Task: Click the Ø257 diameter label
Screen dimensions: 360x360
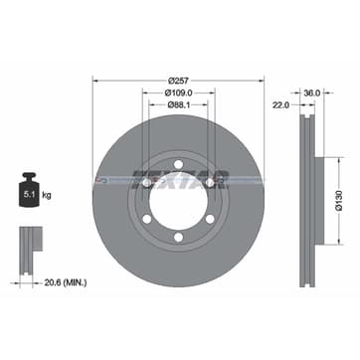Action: pyautogui.click(x=178, y=81)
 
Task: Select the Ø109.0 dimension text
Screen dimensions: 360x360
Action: pyautogui.click(x=179, y=92)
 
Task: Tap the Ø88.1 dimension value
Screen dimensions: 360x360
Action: pyautogui.click(x=178, y=104)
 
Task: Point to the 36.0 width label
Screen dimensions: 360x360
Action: pyautogui.click(x=312, y=93)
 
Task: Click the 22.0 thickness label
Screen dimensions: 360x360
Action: pyautogui.click(x=281, y=105)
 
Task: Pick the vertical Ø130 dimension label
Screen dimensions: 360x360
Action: pyautogui.click(x=338, y=201)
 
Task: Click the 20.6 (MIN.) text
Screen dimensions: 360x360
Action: pyautogui.click(x=66, y=282)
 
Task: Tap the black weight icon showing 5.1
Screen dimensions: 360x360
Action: pyautogui.click(x=29, y=190)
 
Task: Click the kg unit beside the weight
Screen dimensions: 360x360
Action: pyautogui.click(x=47, y=195)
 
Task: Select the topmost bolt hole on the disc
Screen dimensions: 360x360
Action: pyautogui.click(x=178, y=164)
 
